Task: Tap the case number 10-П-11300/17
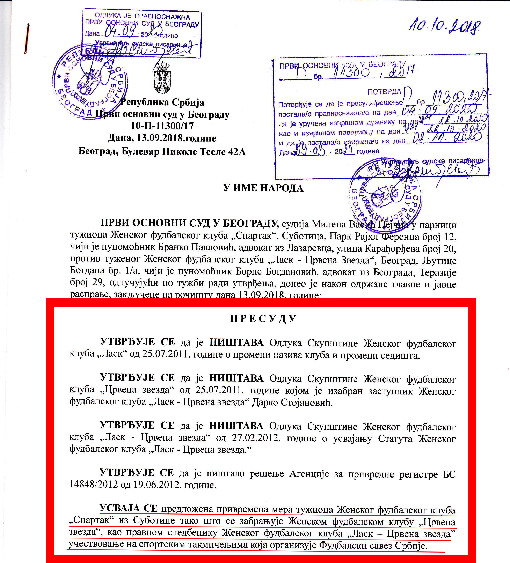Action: [162, 126]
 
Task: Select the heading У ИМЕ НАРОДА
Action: [263, 188]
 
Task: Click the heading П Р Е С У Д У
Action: [263, 319]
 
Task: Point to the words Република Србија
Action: [162, 103]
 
